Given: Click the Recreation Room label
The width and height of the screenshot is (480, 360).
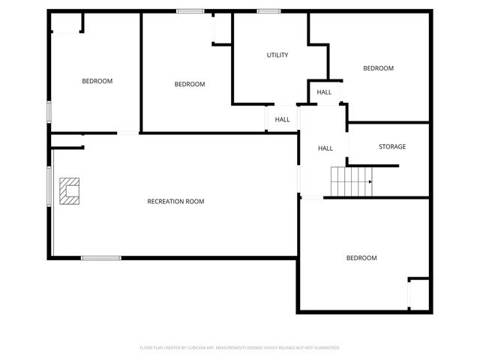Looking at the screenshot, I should coord(175,201).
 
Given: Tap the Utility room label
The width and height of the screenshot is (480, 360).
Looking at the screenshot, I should coord(277,55).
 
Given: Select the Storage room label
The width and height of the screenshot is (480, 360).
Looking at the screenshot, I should coord(391,147).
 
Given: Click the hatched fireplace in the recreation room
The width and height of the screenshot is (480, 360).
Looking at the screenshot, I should coord(70,190).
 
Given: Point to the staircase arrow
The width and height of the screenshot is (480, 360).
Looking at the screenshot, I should coord(370,181).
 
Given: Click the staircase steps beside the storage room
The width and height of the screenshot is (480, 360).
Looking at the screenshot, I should coord(351,182).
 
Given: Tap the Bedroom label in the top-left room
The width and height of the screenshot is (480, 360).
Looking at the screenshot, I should coord(97,81).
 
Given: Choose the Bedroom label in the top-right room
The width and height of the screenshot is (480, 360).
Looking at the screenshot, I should coord(378,69).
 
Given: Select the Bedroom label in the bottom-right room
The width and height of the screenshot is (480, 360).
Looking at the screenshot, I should coord(361,258).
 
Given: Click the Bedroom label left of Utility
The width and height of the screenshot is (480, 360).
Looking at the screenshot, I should coord(189,85).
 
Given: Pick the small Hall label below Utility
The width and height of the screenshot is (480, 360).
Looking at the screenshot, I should coord(282,119).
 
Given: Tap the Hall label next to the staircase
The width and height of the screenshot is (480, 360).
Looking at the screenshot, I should coord(325,148).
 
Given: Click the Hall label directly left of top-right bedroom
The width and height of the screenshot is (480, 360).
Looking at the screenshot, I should coord(324,92).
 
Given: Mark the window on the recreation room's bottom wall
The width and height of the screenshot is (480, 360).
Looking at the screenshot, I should coord(100,258).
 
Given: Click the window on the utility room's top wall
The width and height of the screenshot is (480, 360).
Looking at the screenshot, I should coord(268,10).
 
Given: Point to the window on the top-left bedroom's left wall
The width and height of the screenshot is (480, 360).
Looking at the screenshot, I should coord(49,111).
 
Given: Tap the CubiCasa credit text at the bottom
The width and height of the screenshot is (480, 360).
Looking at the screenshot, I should coord(240,348).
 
